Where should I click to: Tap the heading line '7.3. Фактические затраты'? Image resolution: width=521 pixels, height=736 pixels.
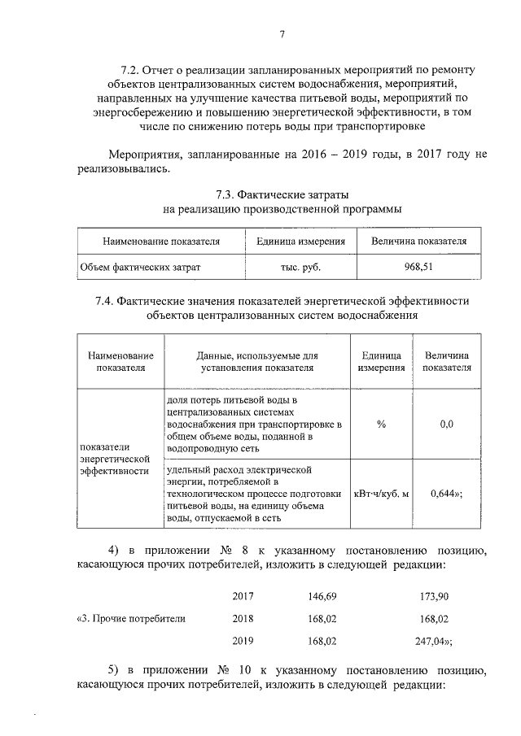pos(282,195)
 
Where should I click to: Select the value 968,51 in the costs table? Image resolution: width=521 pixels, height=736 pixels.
pos(418,266)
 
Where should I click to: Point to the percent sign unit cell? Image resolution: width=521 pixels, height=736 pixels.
pos(380,424)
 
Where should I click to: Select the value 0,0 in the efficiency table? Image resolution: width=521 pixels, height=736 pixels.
pos(445,424)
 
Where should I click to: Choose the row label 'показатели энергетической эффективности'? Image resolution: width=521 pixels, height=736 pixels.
pos(115,459)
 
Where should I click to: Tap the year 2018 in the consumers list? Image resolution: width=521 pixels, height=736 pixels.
pos(243,618)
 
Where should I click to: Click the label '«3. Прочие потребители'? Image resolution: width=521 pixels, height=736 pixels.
pos(131,618)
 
